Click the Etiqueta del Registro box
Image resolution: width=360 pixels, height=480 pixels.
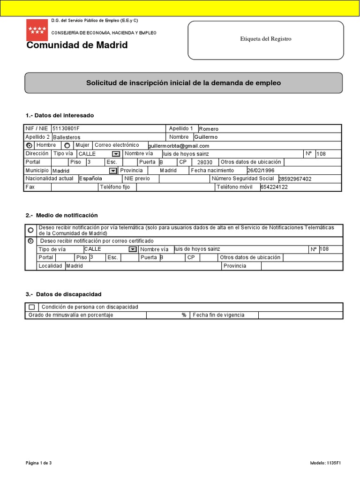coord(265,39)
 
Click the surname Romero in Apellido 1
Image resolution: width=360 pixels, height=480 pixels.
coord(209,129)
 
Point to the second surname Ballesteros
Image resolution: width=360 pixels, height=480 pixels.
coord(67,137)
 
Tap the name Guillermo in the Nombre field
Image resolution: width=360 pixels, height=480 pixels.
coord(206,137)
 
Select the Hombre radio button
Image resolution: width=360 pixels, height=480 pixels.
coord(30,146)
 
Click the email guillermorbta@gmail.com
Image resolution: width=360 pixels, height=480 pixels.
coord(178,146)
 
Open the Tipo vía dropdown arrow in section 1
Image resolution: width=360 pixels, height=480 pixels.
coord(116,154)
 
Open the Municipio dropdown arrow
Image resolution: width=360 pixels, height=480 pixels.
coord(112,171)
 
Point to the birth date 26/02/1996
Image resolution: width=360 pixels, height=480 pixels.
coord(261,171)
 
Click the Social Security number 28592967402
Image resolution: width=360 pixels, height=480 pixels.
coord(294,179)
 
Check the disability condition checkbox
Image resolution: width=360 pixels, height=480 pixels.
coord(31,307)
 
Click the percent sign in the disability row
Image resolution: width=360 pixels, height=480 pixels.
coord(184,315)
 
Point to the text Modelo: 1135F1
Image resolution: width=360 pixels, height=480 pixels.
coord(325,464)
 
